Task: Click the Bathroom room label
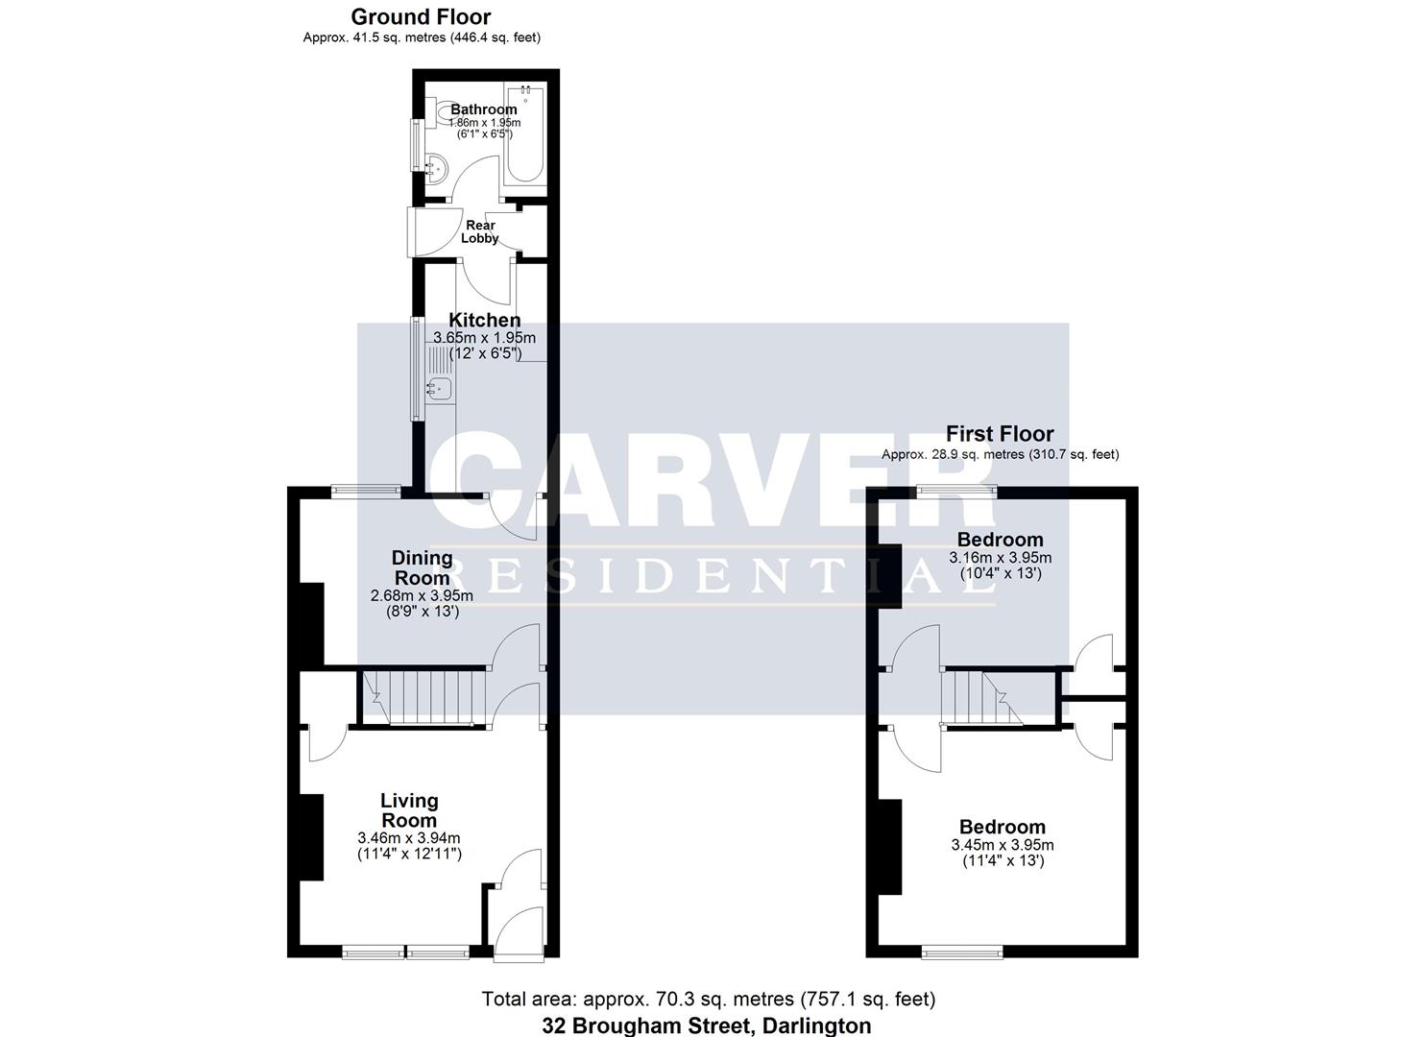pos(484,109)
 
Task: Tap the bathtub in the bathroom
pos(525,134)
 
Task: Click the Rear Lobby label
pos(480,231)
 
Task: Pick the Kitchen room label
pos(485,320)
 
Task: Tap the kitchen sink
pos(441,389)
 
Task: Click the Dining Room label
pos(422,567)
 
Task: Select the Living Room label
pos(409,810)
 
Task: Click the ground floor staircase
pos(423,696)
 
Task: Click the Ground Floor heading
pos(421,16)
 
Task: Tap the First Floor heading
pos(1000,434)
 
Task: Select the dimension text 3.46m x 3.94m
pos(408,838)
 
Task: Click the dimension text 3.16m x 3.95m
pos(1000,558)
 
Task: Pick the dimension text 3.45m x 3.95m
pos(1002,845)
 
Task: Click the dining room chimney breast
pos(309,624)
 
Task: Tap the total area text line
pos(708,1000)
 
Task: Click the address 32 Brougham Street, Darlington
pos(707,1025)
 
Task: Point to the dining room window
pos(367,491)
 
